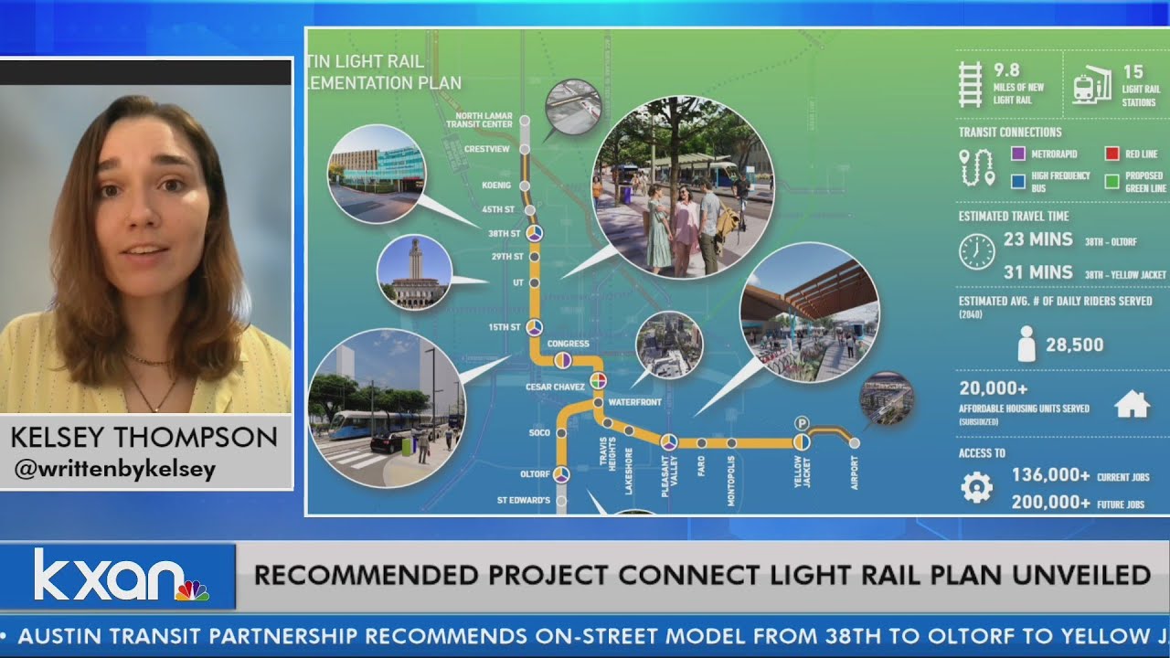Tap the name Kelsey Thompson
click(144, 438)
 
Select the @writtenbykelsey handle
click(114, 471)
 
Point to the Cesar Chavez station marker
click(598, 380)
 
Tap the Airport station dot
click(855, 443)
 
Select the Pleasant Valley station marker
click(669, 442)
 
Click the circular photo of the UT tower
click(414, 272)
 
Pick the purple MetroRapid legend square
click(1017, 154)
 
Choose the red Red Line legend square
click(1111, 154)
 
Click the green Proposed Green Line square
click(1111, 181)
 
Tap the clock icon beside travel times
click(977, 251)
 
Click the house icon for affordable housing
click(1133, 403)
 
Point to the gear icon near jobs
click(977, 487)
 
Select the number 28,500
click(1074, 345)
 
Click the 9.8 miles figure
click(1006, 70)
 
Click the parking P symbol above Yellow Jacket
click(802, 422)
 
